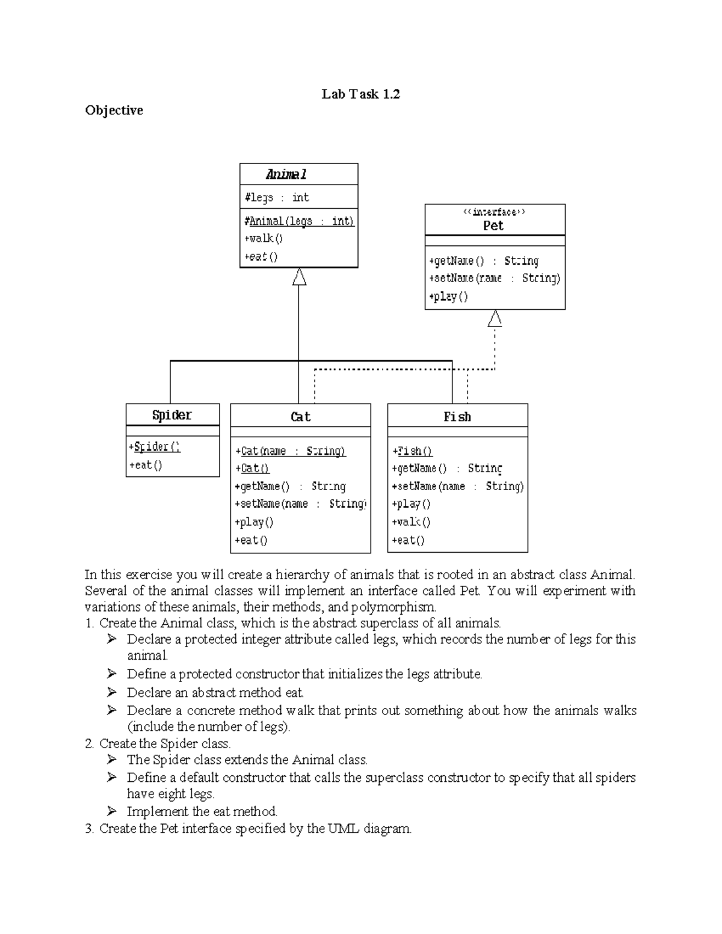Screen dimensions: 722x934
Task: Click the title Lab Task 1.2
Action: click(360, 94)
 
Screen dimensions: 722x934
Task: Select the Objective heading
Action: click(114, 110)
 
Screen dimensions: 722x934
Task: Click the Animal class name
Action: click(286, 174)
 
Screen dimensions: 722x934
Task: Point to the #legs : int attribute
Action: click(277, 197)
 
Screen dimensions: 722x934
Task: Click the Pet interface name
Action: click(493, 226)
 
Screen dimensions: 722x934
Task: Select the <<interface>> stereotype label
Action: click(494, 212)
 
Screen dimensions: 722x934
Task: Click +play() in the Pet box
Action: click(448, 296)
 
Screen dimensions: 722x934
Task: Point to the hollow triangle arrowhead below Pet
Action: click(495, 319)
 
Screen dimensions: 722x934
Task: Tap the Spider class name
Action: click(171, 415)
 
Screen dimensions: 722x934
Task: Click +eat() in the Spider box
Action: click(146, 465)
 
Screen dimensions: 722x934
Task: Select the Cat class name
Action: click(300, 417)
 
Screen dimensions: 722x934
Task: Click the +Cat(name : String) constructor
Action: click(291, 451)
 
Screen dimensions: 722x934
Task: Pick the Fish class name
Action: click(457, 417)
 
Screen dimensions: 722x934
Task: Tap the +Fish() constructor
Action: click(412, 451)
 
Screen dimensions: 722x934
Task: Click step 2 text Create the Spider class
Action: click(164, 743)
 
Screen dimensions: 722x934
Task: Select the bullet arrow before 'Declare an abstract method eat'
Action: click(112, 692)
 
